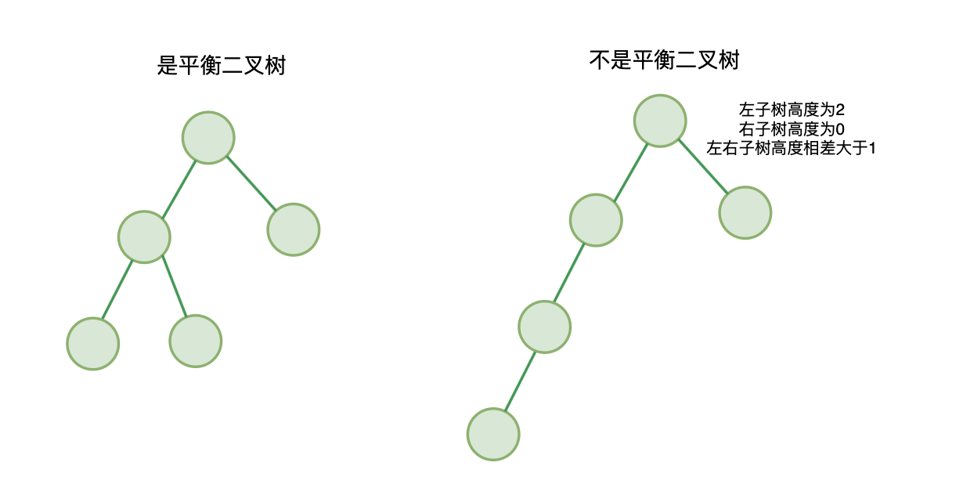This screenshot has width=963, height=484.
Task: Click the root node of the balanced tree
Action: click(208, 137)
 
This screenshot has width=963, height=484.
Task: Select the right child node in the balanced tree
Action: click(293, 229)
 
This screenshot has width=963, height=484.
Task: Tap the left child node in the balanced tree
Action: click(144, 236)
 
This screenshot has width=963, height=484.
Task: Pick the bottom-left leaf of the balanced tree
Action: click(92, 343)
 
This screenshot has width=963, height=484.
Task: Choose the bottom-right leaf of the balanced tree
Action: click(195, 341)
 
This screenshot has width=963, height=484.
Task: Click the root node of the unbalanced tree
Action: click(660, 120)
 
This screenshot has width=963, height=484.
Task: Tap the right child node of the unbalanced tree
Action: click(745, 212)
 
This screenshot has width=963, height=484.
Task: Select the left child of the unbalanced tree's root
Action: click(596, 220)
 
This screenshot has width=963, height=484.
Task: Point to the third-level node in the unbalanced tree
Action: click(544, 327)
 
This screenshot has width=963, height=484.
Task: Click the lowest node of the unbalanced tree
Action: click(493, 433)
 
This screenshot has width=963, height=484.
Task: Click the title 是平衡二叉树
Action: click(221, 66)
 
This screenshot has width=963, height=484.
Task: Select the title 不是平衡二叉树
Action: click(664, 60)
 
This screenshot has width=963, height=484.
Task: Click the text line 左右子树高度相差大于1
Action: click(792, 147)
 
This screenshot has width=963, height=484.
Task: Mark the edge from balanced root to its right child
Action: click(251, 183)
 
